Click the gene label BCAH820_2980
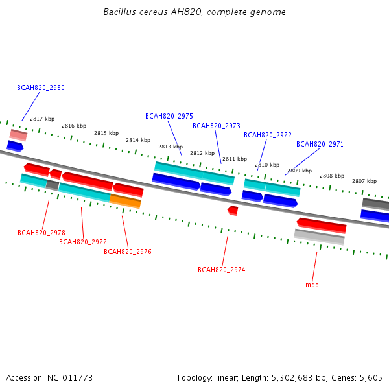(x=41, y=88)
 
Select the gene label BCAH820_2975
(x=169, y=116)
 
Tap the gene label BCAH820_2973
(x=217, y=126)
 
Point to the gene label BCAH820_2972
(x=267, y=135)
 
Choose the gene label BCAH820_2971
(x=320, y=144)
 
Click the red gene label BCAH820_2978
(x=41, y=233)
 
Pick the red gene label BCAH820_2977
(x=82, y=242)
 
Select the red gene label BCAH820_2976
(x=128, y=252)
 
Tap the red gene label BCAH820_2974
(x=221, y=270)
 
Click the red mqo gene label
(x=312, y=285)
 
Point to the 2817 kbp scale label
(x=42, y=119)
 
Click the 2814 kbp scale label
(x=138, y=140)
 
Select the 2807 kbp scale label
(x=364, y=181)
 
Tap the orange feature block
(x=125, y=201)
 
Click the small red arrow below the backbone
(x=233, y=211)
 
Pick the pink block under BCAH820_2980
(x=18, y=136)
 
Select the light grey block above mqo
(x=319, y=237)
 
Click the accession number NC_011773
(x=70, y=378)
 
